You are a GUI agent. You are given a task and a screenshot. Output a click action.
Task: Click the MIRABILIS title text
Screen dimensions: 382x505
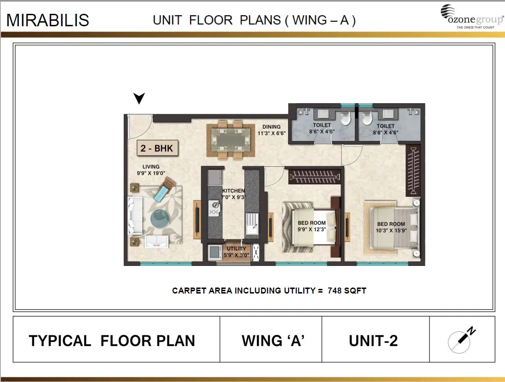point(48,20)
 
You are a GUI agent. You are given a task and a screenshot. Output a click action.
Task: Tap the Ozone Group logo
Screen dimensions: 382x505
point(471,17)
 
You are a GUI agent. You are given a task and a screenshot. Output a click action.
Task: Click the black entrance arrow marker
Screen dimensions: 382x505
point(139,98)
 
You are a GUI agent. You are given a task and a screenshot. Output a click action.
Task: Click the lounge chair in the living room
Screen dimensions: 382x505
point(164,189)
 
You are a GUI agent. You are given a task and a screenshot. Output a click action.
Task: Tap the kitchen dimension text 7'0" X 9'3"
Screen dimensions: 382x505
point(233,197)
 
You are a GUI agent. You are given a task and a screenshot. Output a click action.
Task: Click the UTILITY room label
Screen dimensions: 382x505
point(236,249)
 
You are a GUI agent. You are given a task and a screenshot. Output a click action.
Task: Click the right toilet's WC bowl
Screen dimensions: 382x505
point(367,118)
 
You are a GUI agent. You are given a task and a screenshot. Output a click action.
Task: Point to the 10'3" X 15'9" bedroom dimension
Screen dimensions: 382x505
point(390,230)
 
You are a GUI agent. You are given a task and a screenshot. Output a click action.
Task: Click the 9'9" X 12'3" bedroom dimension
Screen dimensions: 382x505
point(312,229)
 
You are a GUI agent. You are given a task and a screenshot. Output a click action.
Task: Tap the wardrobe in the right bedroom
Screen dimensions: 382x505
point(413,170)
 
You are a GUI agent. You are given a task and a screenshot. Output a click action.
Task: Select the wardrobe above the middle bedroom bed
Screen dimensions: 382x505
point(313,176)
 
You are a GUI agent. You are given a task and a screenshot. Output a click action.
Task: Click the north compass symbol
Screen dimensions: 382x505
point(462,340)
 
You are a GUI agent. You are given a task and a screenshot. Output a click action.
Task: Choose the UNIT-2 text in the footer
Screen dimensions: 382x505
point(373,341)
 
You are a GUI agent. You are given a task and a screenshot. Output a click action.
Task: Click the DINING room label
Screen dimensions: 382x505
point(271,127)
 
